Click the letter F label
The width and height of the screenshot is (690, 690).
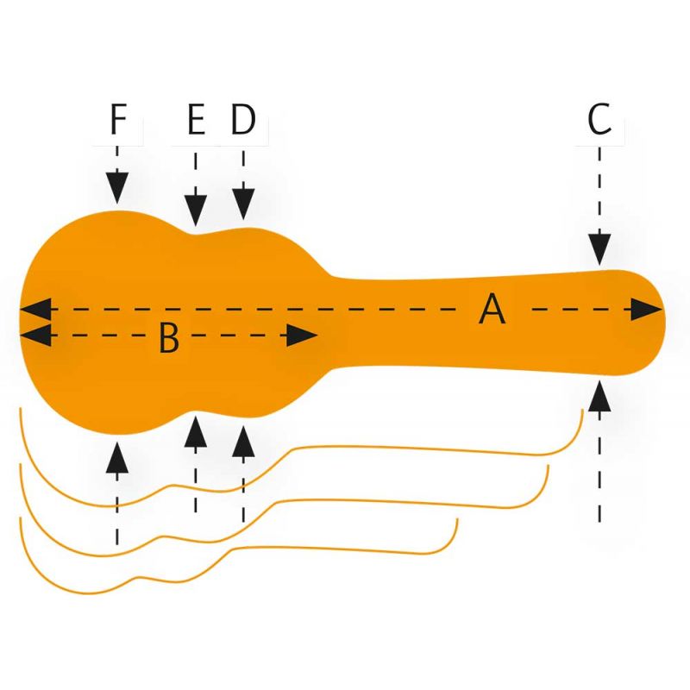pos(118,121)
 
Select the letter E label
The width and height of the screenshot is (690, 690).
pos(197,121)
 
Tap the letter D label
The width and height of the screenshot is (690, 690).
pos(244,121)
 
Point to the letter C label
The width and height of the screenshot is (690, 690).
pos(599,121)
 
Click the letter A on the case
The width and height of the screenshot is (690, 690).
pos(492,309)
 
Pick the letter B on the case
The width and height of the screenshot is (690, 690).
pos(169,339)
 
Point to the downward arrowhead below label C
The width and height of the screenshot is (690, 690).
pos(599,249)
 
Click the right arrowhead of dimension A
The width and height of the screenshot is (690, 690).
pos(645,309)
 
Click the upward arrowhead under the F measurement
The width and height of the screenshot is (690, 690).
pos(118,457)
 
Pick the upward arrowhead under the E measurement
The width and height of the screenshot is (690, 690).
pos(197,431)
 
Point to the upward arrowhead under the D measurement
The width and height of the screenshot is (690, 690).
pos(244,440)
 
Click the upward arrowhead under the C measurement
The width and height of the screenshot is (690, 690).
pos(599,397)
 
